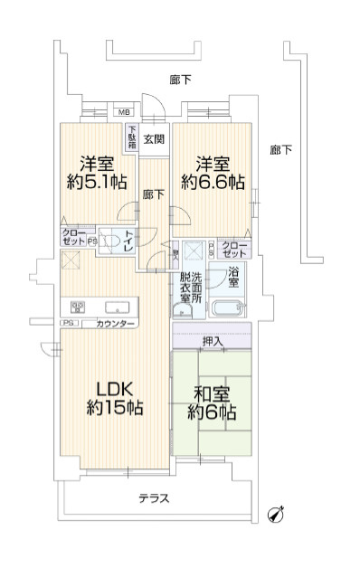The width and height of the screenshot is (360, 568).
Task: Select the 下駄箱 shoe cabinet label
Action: (x=132, y=137)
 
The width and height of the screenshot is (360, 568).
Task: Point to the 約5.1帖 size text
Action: (x=95, y=183)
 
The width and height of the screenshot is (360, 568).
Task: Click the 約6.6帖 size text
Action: (x=212, y=183)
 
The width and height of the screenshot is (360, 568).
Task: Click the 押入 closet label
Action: (x=213, y=341)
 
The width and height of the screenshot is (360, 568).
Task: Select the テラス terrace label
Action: (x=155, y=498)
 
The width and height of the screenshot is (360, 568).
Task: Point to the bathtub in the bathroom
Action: (x=230, y=306)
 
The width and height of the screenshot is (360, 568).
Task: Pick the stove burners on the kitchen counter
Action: (x=78, y=306)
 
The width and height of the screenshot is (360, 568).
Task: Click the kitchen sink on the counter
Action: (x=115, y=306)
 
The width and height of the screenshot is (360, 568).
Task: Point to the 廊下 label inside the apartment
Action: (x=153, y=194)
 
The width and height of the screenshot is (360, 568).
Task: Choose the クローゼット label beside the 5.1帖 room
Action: (x=73, y=238)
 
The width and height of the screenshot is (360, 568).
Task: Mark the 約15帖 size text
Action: (x=114, y=409)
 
